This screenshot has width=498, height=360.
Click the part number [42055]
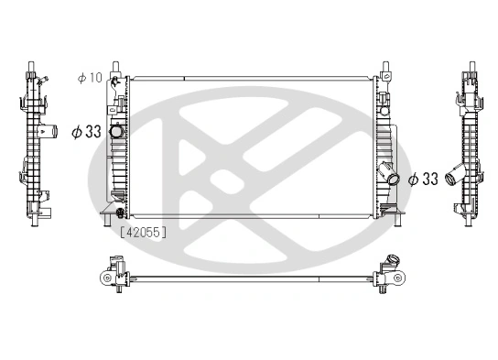pos(142,233)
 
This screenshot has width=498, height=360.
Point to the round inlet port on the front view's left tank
pos(117,134)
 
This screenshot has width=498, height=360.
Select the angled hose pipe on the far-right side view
pos(451,180)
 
